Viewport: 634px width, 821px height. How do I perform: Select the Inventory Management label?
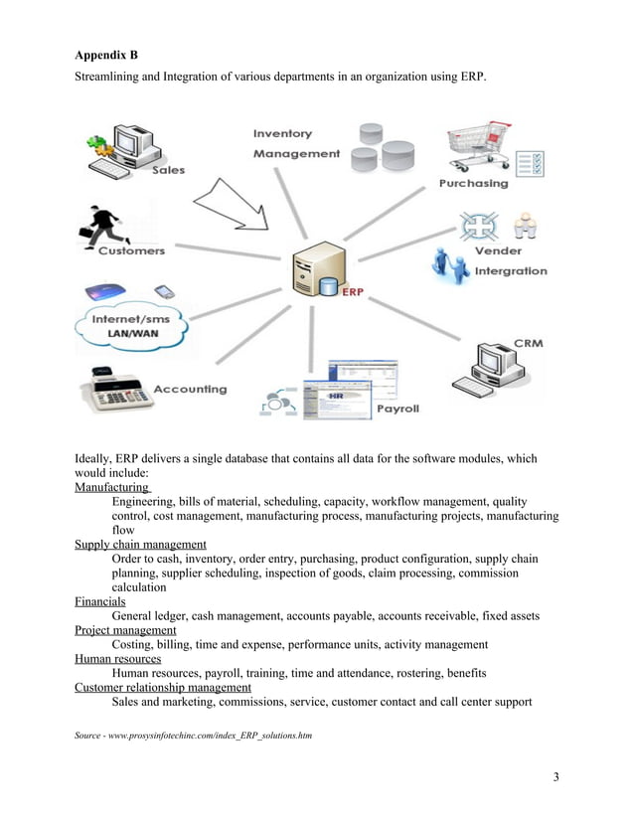coord(296,144)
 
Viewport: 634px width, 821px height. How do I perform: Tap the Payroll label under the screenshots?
coord(396,409)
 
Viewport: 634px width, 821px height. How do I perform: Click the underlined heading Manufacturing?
coord(112,488)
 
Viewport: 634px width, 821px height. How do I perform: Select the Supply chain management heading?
coord(140,545)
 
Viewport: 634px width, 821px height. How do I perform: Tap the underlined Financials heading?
coord(100,601)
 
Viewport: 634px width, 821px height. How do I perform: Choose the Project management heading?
coord(125,630)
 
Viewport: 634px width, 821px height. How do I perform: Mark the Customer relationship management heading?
coord(163,687)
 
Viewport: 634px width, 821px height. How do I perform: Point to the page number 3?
coord(555,776)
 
